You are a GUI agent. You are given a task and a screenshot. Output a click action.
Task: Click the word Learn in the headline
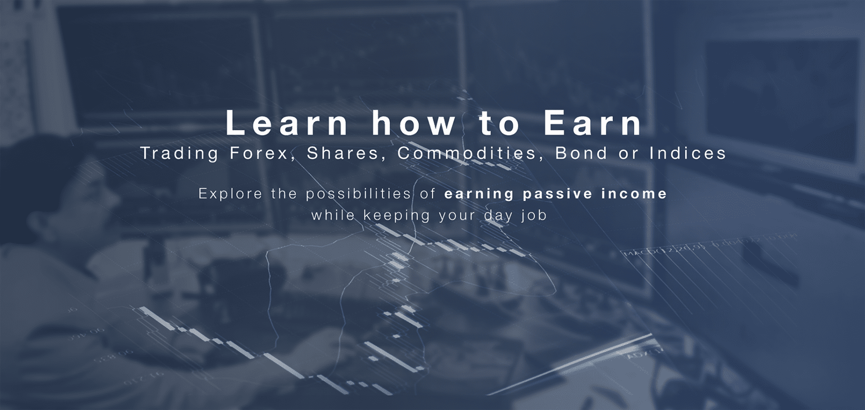(286, 124)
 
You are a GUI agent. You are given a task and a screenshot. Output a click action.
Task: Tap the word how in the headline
(413, 124)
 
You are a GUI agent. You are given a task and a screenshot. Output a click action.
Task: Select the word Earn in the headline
(593, 124)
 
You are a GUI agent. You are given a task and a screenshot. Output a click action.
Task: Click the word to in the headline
(499, 124)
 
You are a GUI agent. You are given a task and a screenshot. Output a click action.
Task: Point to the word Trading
(179, 154)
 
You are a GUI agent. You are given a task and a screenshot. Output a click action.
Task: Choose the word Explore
(230, 194)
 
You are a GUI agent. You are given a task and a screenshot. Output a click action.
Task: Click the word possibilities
(358, 194)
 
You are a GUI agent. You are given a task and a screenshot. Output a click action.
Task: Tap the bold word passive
(557, 194)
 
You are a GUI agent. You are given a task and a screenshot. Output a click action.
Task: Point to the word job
(534, 215)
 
